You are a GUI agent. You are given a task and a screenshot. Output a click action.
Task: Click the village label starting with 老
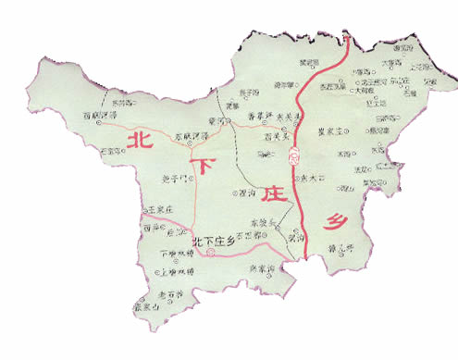pyautogui.click(x=173, y=293)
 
